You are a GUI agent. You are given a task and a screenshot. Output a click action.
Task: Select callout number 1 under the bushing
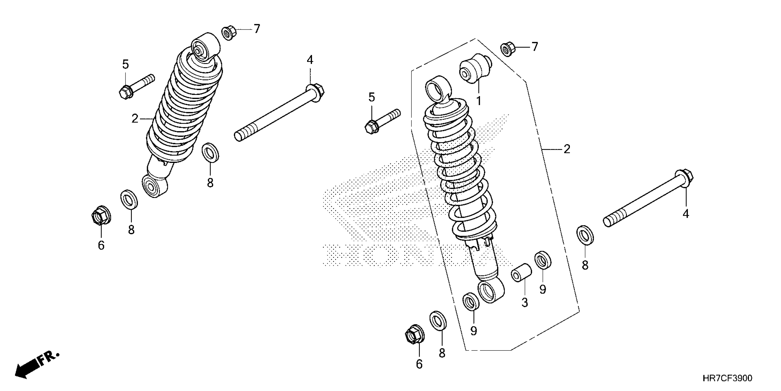pos(479,101)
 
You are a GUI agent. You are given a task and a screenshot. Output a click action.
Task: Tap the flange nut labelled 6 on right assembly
pos(414,335)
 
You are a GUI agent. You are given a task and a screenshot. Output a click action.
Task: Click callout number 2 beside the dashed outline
pos(567,149)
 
